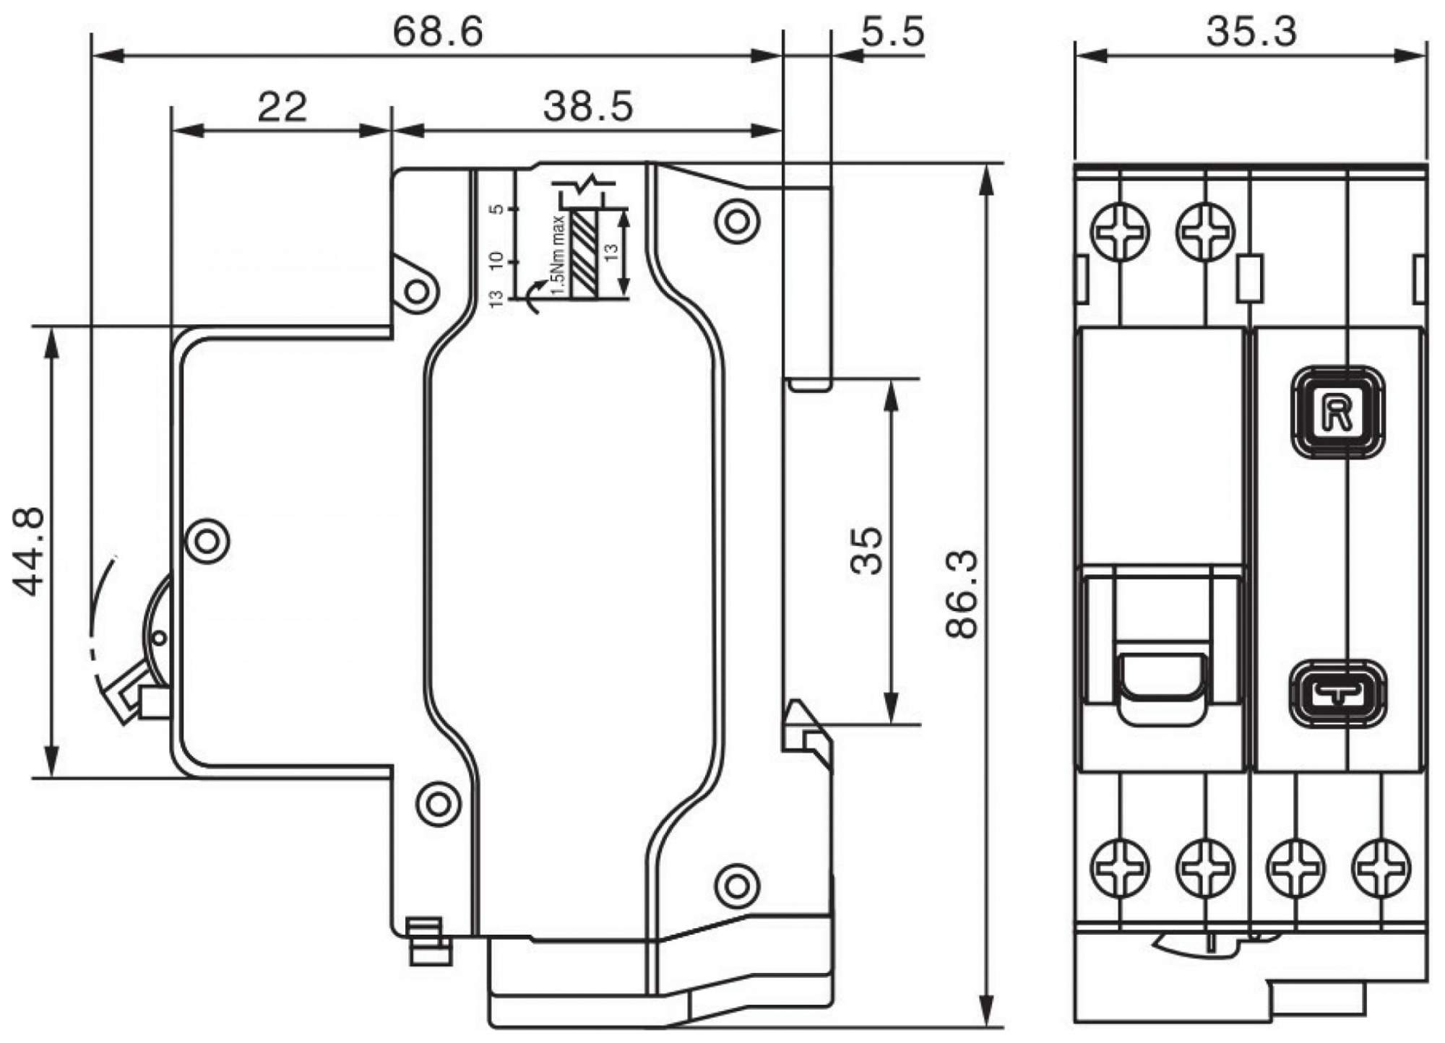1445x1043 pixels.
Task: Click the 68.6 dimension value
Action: click(437, 32)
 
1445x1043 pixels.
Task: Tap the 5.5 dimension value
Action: click(892, 32)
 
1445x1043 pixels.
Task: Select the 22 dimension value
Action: click(282, 107)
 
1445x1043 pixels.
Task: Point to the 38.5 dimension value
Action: click(588, 106)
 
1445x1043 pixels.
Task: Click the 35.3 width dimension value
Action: click(1251, 32)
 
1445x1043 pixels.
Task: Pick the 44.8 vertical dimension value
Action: click(30, 551)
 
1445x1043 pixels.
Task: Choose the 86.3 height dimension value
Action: click(962, 594)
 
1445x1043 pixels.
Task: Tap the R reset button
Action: click(1337, 412)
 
